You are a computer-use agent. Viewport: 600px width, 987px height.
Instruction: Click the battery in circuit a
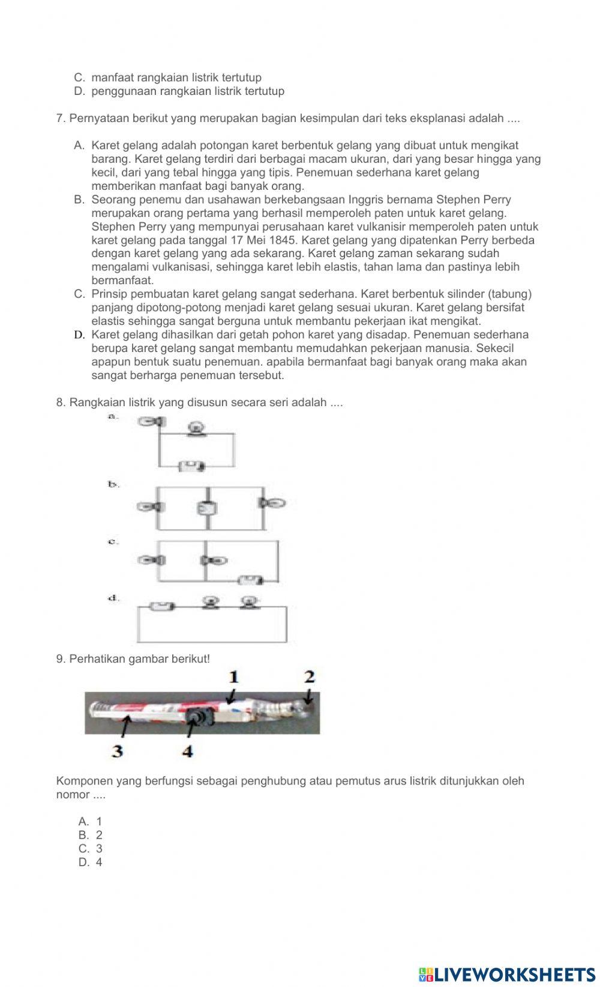193,466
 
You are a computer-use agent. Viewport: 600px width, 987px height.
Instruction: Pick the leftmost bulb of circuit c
151,560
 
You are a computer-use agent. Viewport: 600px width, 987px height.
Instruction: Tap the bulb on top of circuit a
196,429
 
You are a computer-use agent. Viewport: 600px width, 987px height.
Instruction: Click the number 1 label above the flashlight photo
233,677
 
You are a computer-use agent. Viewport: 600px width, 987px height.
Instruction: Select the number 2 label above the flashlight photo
309,677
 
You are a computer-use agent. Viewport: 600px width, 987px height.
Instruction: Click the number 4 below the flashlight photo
187,751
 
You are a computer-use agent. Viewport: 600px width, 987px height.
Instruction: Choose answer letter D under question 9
83,863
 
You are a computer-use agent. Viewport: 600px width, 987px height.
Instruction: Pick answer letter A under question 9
83,822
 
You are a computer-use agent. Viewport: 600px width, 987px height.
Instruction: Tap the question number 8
60,402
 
